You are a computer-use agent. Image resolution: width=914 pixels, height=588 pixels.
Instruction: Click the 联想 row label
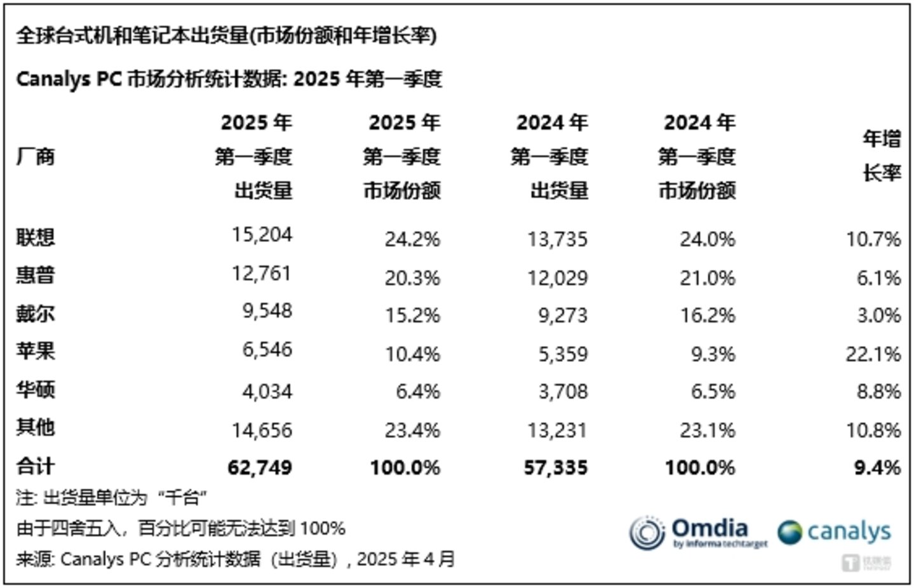pyautogui.click(x=36, y=237)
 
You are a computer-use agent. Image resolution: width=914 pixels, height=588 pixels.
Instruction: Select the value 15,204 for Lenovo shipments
pyautogui.click(x=262, y=234)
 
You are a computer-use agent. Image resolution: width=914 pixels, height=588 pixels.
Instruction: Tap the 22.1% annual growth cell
pyautogui.click(x=873, y=354)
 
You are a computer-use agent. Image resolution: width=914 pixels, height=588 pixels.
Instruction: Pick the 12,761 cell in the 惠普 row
pyautogui.click(x=261, y=273)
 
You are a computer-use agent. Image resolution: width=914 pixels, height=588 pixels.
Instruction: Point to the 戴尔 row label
pyautogui.click(x=36, y=314)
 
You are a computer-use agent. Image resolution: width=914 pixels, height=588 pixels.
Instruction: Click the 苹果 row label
pyautogui.click(x=36, y=351)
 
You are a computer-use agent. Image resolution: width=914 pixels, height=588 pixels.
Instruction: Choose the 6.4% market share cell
pyautogui.click(x=417, y=391)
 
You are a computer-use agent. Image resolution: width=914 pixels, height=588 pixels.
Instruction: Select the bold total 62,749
pyautogui.click(x=260, y=467)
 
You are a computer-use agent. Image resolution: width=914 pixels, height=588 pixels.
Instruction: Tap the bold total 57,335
pyautogui.click(x=556, y=467)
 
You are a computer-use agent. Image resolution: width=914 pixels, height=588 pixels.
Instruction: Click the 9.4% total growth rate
pyautogui.click(x=877, y=467)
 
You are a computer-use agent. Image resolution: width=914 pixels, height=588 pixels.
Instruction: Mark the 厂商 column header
pyautogui.click(x=36, y=156)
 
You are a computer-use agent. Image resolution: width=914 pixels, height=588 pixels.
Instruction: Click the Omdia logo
pyautogui.click(x=698, y=532)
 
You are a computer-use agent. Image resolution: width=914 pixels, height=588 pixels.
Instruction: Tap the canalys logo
pyautogui.click(x=834, y=532)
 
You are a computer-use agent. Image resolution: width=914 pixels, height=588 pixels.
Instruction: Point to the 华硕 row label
pyautogui.click(x=36, y=389)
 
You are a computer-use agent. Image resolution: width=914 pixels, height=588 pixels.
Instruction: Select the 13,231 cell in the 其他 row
pyautogui.click(x=557, y=430)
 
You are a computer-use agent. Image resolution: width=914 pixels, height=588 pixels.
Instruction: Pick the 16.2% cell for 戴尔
pyautogui.click(x=708, y=315)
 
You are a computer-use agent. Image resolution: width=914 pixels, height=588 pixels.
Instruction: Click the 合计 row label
pyautogui.click(x=36, y=466)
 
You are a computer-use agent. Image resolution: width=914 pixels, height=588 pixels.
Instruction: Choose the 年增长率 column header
pyautogui.click(x=881, y=156)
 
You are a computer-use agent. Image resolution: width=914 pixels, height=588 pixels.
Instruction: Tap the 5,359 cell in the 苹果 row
pyautogui.click(x=563, y=354)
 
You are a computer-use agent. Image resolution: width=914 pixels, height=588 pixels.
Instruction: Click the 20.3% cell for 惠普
pyautogui.click(x=412, y=277)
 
